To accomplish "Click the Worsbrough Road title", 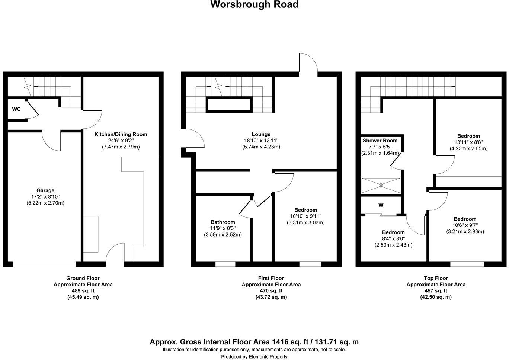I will (x=254, y=5).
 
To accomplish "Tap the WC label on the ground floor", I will (x=16, y=109).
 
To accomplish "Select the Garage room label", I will (x=45, y=190).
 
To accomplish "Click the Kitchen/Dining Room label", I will (x=121, y=134).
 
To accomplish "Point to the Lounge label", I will (x=261, y=134).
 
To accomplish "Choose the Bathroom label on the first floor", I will (x=223, y=222).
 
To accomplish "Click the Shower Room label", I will (x=380, y=141).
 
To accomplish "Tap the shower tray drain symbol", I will (x=381, y=185).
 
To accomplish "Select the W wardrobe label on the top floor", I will (x=381, y=205).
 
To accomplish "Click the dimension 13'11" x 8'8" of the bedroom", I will (x=468, y=142).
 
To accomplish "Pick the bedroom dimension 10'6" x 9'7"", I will (x=465, y=225).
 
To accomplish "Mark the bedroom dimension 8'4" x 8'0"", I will (x=393, y=239).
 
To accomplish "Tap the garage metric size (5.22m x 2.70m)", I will (x=45, y=203).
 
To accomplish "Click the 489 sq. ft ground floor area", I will (x=83, y=291).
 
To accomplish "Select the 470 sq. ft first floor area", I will (x=271, y=291).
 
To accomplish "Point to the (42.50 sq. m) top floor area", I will (x=436, y=297).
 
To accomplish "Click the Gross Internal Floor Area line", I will (x=254, y=342).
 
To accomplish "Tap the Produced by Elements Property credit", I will (x=254, y=357).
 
